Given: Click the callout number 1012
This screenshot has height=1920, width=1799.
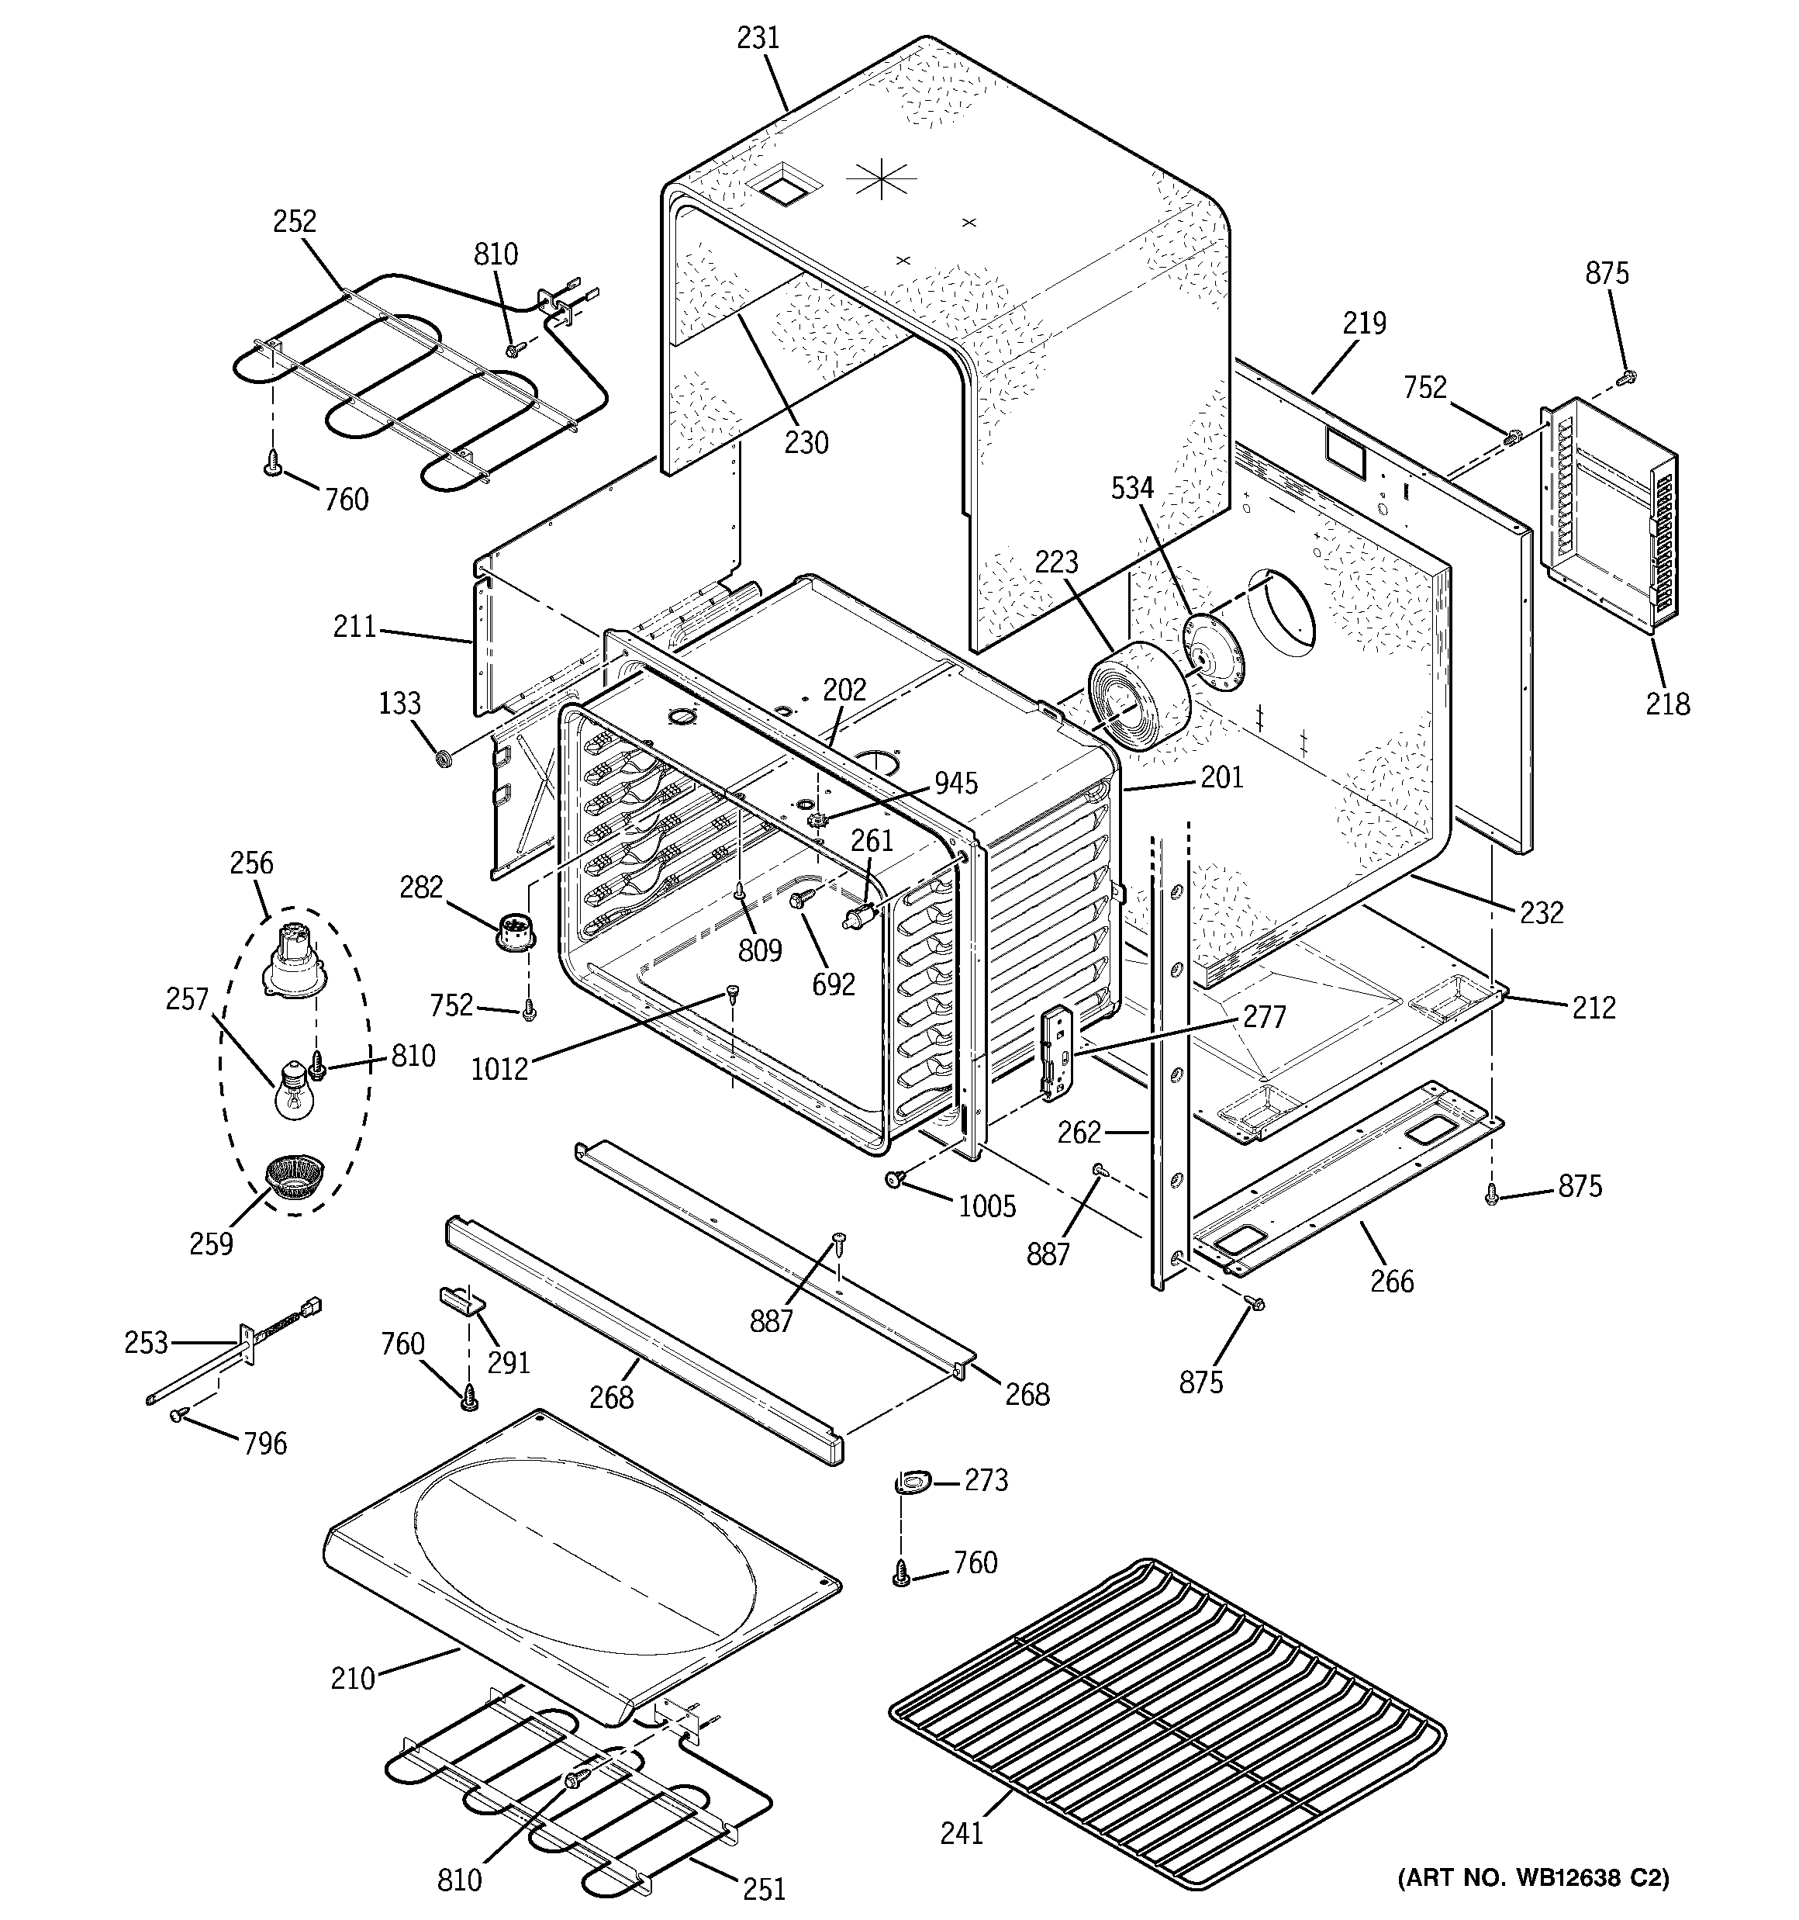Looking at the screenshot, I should point(500,1068).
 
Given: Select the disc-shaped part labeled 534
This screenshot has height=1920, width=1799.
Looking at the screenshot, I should point(1212,654).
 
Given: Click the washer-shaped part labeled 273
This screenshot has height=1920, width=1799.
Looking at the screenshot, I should point(913,1481).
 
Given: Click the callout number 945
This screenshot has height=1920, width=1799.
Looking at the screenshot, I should point(955,782).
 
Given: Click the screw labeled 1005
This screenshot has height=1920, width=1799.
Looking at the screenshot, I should point(894,1178).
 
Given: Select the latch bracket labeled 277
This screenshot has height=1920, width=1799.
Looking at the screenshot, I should point(1058,1053).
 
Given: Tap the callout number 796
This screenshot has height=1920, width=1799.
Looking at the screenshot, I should point(264,1443).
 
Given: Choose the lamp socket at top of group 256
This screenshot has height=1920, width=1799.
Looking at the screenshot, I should point(292,957).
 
